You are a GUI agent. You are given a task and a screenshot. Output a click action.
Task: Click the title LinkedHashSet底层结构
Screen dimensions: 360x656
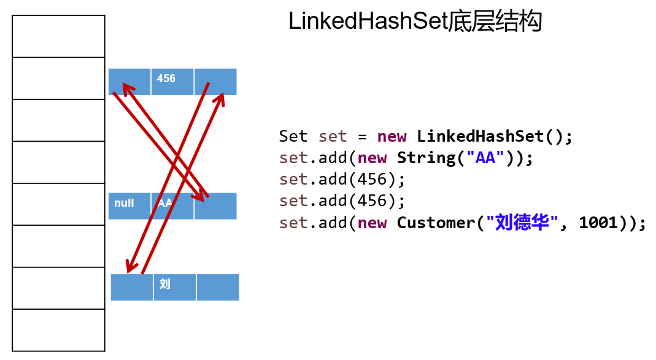pyautogui.click(x=415, y=22)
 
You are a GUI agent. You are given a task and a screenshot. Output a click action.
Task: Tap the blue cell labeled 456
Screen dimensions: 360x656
pyautogui.click(x=172, y=82)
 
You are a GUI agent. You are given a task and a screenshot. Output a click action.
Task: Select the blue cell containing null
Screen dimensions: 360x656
pyautogui.click(x=129, y=205)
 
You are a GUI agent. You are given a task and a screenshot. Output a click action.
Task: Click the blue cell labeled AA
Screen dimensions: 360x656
pyautogui.click(x=172, y=205)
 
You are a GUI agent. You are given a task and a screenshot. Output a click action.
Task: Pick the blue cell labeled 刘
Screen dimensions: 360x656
pyautogui.click(x=175, y=287)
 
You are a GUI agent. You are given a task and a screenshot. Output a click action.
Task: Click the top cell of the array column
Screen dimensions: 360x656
pyautogui.click(x=58, y=36)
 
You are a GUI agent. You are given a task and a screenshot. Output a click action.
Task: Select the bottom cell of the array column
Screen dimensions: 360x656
pyautogui.click(x=58, y=330)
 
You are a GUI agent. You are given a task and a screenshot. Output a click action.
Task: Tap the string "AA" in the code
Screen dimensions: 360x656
pyautogui.click(x=485, y=158)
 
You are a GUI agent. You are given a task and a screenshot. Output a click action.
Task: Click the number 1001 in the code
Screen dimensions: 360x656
pyautogui.click(x=598, y=223)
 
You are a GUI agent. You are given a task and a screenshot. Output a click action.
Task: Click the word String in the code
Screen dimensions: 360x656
pyautogui.click(x=426, y=158)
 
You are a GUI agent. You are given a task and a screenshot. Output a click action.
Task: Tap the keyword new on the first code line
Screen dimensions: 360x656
pyautogui.click(x=392, y=136)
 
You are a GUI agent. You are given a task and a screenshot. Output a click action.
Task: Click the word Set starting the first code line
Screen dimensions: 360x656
pyautogui.click(x=293, y=136)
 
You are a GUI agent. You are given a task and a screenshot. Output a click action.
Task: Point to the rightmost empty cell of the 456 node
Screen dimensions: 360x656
pyautogui.click(x=215, y=82)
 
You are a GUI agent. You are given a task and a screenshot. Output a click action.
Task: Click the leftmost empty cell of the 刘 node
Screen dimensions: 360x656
pyautogui.click(x=131, y=287)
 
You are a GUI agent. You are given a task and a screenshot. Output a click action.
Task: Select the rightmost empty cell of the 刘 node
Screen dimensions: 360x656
pyautogui.click(x=218, y=287)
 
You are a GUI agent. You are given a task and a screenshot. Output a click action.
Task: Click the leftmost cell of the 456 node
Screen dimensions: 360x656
pyautogui.click(x=129, y=82)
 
